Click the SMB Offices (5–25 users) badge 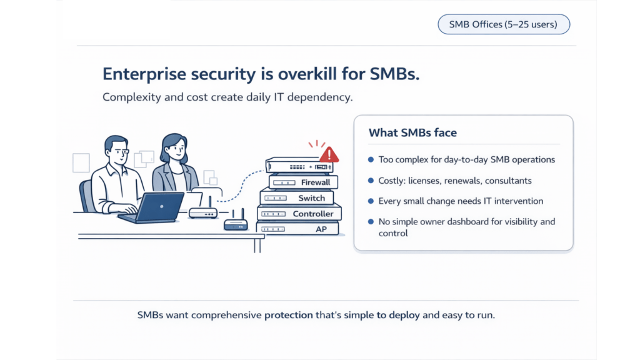[504, 24]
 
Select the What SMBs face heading [412, 132]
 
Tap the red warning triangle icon [329, 155]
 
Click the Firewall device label [316, 182]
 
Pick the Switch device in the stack [297, 198]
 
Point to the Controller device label [313, 214]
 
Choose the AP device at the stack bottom [297, 229]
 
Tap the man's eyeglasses [120, 151]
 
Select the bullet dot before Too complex [371, 159]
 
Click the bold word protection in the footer [289, 315]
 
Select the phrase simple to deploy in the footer [382, 315]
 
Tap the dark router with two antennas [236, 221]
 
